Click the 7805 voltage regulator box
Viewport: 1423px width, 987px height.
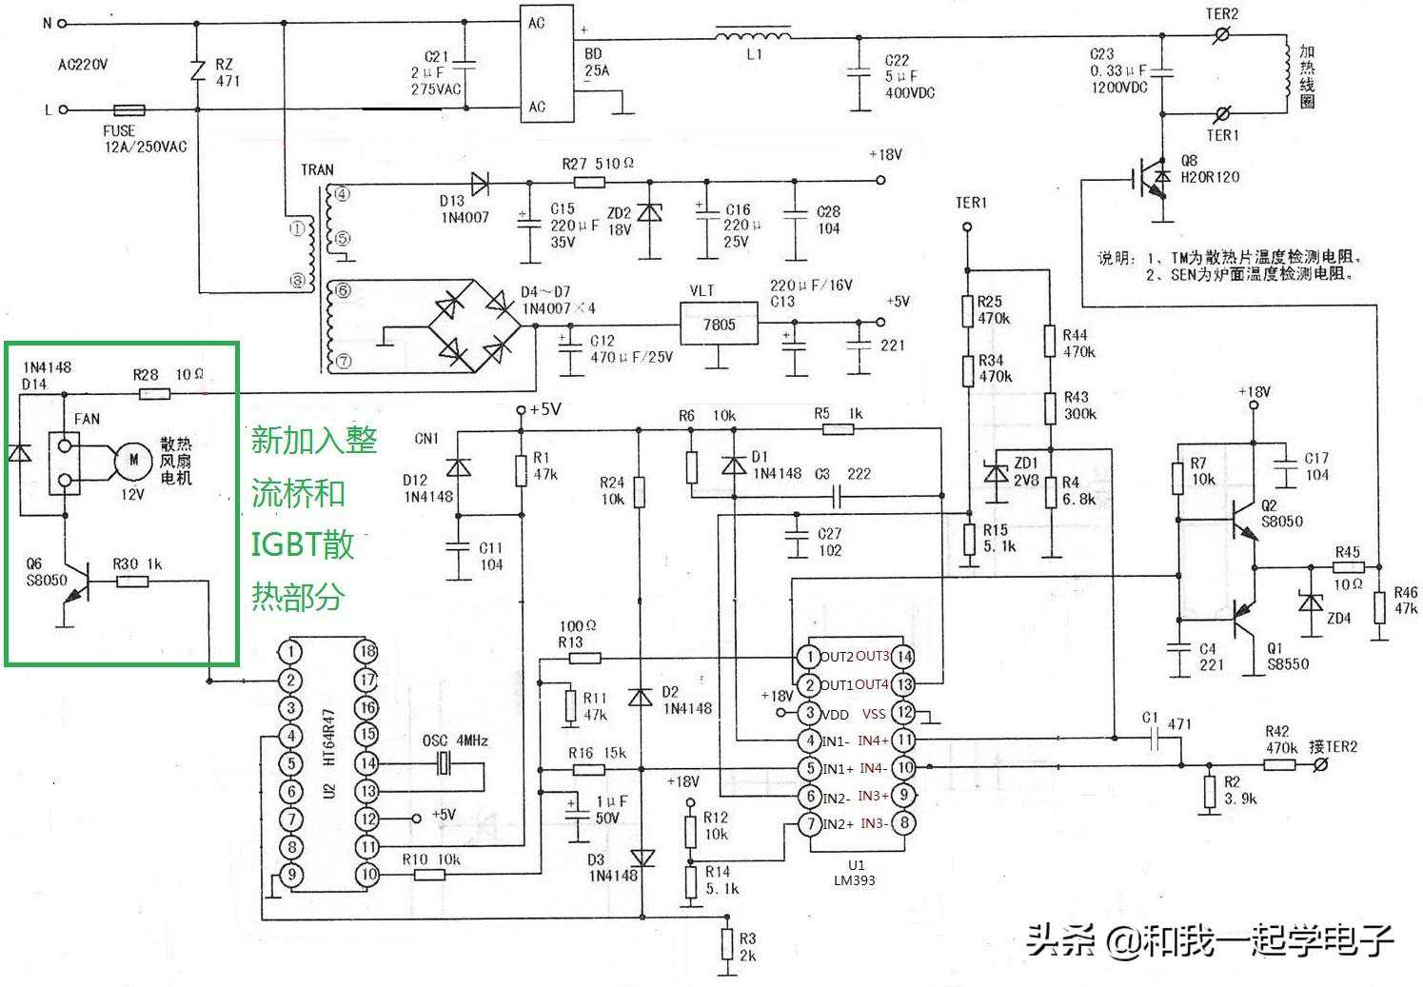click(719, 326)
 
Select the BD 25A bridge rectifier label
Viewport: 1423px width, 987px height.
click(596, 63)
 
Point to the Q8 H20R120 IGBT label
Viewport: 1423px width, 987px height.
click(1209, 169)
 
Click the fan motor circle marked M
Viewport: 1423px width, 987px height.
click(134, 461)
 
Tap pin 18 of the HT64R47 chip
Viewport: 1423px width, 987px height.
click(366, 652)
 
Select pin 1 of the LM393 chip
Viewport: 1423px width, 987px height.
click(808, 657)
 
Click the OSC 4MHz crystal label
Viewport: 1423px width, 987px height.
click(455, 740)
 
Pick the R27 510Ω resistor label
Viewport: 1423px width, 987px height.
click(598, 164)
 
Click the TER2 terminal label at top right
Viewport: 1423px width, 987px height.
click(1221, 14)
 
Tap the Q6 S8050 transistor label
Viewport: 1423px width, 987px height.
click(46, 572)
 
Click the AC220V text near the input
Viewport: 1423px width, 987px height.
click(83, 66)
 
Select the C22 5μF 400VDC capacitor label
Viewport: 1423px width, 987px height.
click(908, 76)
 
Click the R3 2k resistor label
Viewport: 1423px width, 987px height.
click(747, 947)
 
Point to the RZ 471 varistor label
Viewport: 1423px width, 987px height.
click(227, 73)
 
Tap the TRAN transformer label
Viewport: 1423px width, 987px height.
click(317, 169)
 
